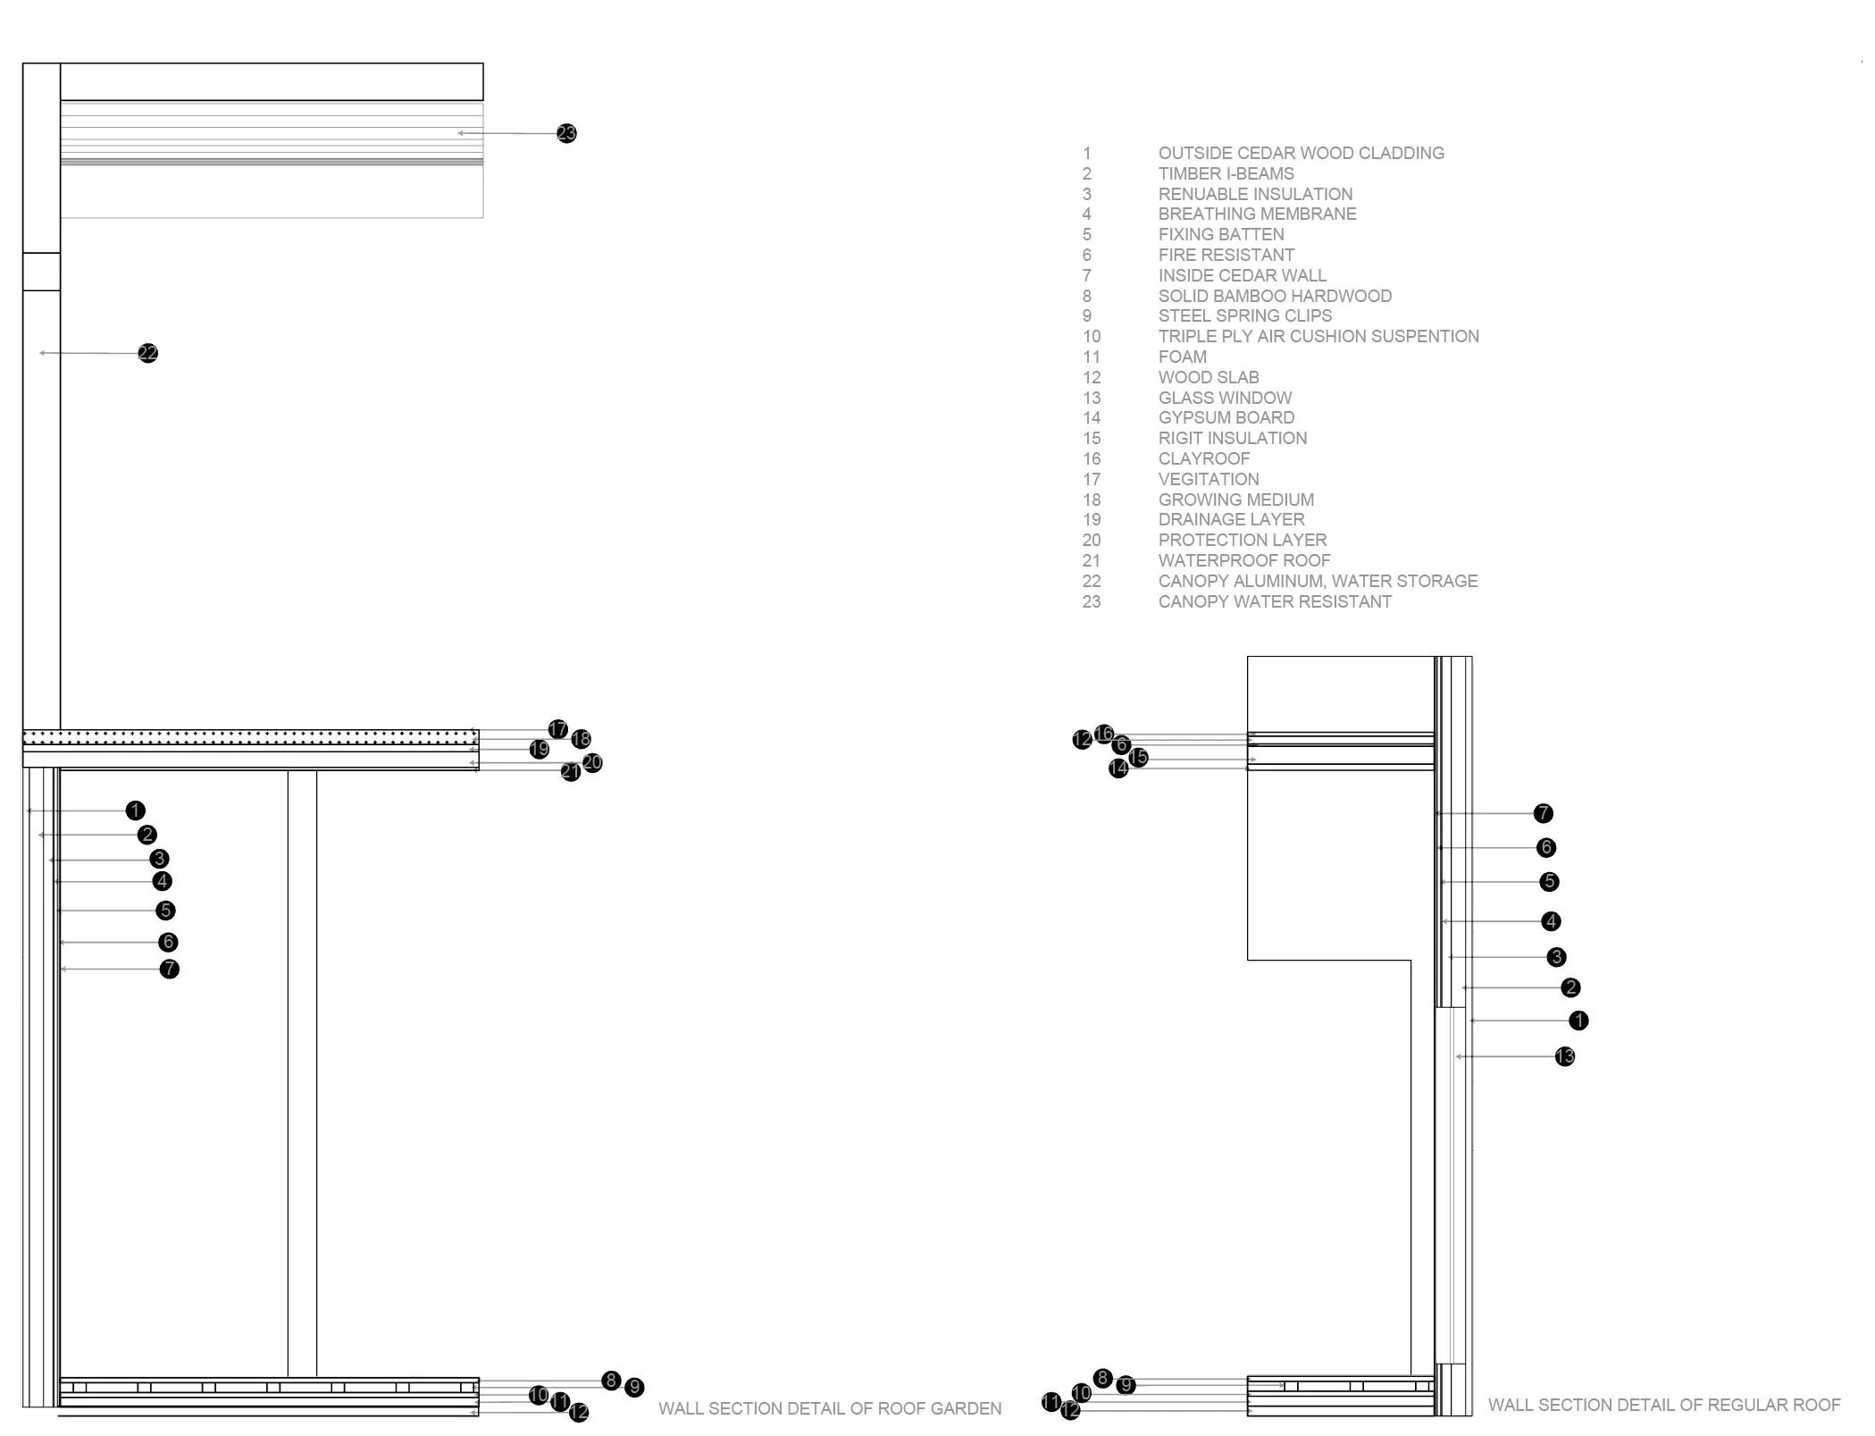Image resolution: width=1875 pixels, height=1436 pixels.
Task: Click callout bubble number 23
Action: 566,134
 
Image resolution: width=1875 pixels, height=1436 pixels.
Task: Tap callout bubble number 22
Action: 148,354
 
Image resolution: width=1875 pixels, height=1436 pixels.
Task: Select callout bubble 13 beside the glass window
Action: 1564,1057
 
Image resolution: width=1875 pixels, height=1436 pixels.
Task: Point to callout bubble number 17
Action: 558,730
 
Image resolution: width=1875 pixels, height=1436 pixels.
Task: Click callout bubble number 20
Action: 592,763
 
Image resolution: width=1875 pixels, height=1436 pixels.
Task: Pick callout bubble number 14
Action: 1118,768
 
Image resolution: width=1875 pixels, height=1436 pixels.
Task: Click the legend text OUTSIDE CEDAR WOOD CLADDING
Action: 1301,154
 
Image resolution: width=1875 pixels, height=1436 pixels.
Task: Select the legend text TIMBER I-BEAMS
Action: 1226,174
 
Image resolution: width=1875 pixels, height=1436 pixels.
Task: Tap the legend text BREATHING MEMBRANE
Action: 1257,214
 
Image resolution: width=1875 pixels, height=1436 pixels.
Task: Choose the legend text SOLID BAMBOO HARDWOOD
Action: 1275,296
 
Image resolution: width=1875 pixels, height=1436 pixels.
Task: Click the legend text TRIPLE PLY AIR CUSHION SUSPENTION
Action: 1318,337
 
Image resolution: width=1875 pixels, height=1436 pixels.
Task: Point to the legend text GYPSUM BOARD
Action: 1226,418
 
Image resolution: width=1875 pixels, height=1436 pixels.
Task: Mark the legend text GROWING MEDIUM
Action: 1235,500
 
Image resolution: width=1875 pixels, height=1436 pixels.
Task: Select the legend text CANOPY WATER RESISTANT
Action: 1275,602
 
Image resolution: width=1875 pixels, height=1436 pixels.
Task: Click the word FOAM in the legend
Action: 1182,357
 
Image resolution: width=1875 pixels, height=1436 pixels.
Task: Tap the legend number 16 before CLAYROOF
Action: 1092,459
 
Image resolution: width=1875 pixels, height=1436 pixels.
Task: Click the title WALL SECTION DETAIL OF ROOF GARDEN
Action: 830,1409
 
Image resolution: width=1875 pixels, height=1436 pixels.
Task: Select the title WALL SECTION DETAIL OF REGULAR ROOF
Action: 1663,1406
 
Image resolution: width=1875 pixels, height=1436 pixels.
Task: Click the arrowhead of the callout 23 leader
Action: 460,133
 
